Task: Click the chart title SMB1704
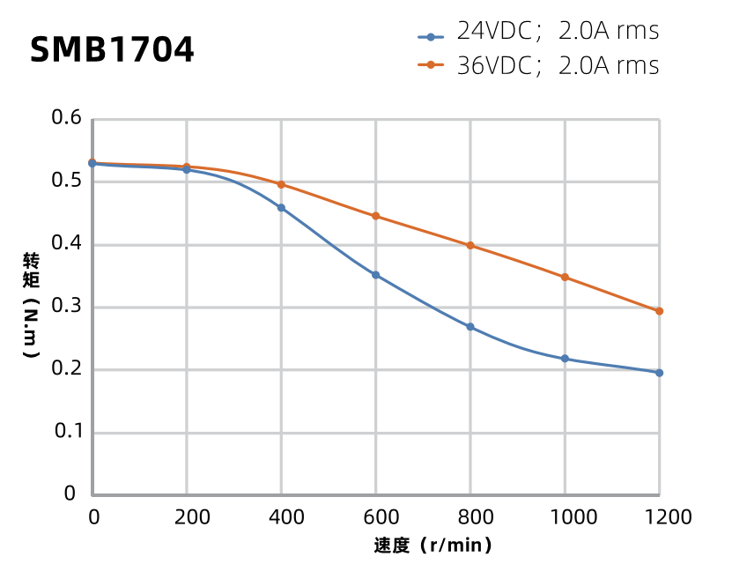[x=112, y=50]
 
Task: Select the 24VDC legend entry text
[x=558, y=32]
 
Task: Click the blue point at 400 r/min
[x=281, y=208]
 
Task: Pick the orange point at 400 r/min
[x=281, y=184]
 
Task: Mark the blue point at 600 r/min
[x=375, y=275]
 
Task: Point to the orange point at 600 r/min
[x=375, y=216]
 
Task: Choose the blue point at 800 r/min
[x=470, y=327]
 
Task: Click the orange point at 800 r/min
[x=470, y=245]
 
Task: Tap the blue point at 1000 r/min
[x=565, y=359]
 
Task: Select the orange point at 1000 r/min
[x=565, y=278]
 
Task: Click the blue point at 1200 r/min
[x=659, y=373]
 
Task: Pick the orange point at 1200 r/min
[x=659, y=311]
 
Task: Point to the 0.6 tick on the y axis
[x=67, y=118]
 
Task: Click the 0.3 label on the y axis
[x=67, y=307]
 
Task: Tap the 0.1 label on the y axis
[x=67, y=432]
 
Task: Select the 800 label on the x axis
[x=470, y=516]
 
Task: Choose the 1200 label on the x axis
[x=659, y=516]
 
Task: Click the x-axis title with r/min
[x=433, y=545]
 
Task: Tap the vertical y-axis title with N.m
[x=31, y=305]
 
